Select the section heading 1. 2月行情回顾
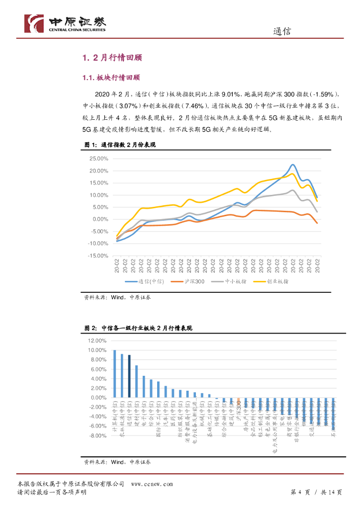coord(112,58)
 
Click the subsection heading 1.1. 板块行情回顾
coord(111,78)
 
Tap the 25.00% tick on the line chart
coord(98,159)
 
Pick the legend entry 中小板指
coord(235,282)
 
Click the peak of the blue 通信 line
coord(293,165)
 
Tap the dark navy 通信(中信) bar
coord(129,376)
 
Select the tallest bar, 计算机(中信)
coord(115,374)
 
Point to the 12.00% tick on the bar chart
coord(97,341)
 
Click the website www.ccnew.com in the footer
coord(152,484)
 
